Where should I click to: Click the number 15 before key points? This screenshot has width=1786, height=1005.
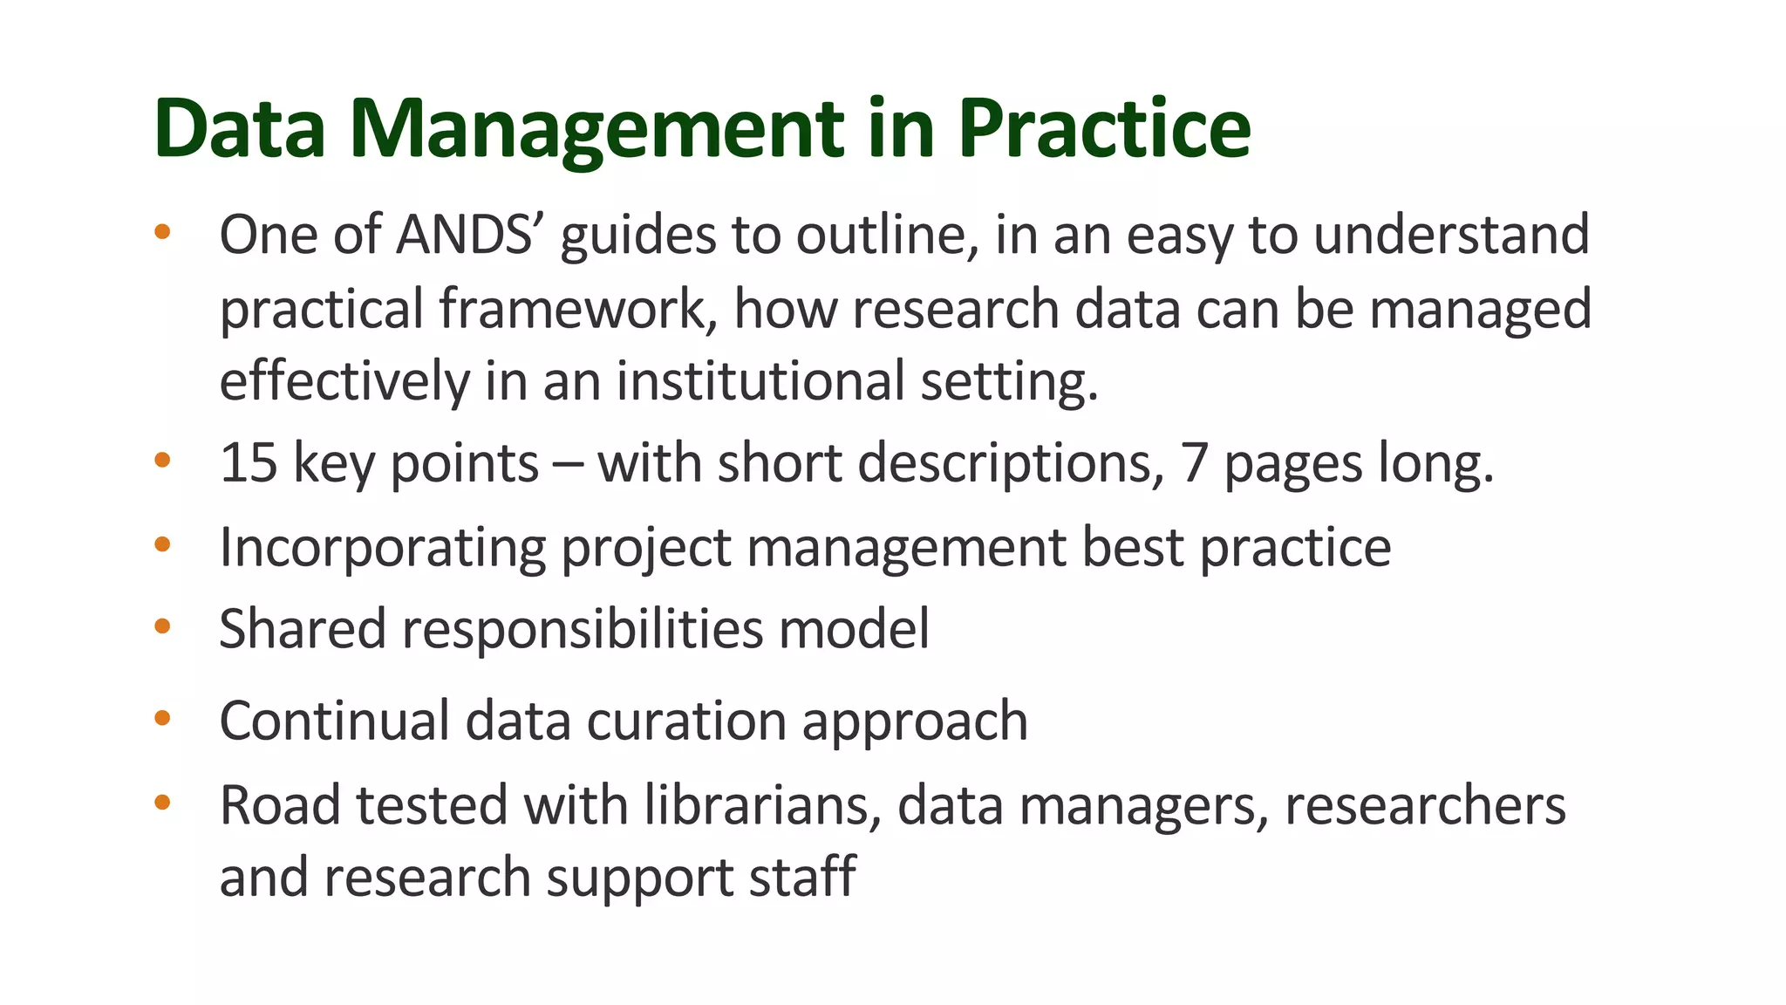tap(248, 462)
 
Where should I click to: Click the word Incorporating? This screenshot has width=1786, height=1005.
tap(382, 547)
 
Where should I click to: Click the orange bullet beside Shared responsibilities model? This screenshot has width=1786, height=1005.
tap(162, 626)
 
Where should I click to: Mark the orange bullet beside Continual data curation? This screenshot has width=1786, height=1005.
tap(162, 719)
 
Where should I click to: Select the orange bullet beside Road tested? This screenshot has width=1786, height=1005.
tap(162, 803)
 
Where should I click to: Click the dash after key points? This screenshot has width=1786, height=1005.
tap(568, 464)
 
